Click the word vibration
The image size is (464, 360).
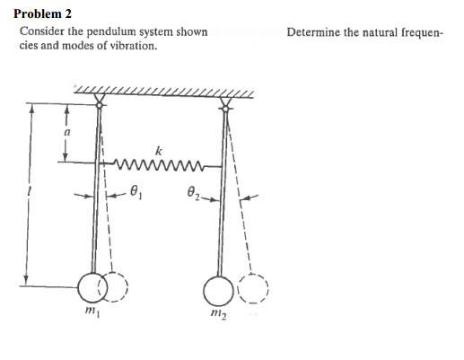133,44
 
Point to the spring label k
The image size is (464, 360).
160,149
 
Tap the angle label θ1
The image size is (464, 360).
137,190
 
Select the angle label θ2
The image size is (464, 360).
192,190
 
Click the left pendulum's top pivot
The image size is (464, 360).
99,101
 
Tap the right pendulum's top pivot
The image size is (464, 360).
226,101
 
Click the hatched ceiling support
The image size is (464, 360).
162,92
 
